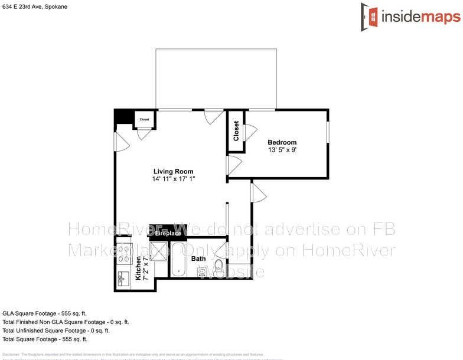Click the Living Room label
(174, 172)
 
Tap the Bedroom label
(282, 142)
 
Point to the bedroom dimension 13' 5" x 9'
(282, 150)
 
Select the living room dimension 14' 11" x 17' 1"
(174, 179)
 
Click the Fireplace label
(168, 234)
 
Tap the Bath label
(198, 258)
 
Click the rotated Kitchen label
(139, 268)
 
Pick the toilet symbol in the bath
(218, 266)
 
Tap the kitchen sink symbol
(123, 277)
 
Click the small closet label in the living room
(145, 120)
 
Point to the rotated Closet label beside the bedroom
(237, 130)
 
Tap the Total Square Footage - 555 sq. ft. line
(45, 339)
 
